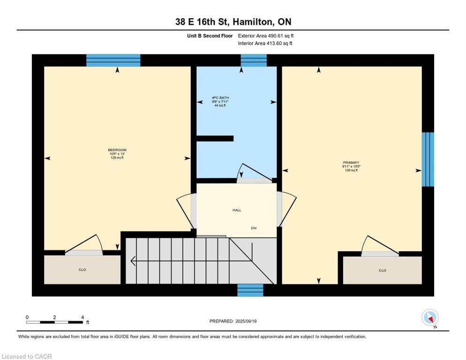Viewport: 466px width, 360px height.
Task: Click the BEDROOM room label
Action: [x=117, y=150]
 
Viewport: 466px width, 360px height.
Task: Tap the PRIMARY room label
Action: [x=351, y=163]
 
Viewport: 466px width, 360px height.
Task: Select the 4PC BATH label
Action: [x=220, y=98]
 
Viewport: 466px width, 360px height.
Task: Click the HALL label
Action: [x=237, y=210]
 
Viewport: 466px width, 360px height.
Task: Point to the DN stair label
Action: [x=254, y=228]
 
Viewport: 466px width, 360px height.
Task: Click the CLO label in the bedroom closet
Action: [x=82, y=270]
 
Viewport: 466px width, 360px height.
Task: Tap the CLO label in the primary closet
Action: [x=382, y=270]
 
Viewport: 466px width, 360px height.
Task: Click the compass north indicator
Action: [x=430, y=318]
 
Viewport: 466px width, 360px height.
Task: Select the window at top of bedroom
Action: [x=113, y=60]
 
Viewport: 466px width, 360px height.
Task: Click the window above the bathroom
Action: [x=254, y=60]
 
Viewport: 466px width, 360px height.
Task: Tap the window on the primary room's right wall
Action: [x=428, y=159]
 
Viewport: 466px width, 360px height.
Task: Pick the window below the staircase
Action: [x=250, y=290]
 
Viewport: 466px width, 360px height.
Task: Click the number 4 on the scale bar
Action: [x=83, y=317]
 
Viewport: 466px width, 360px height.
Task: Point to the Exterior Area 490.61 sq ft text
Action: [x=266, y=36]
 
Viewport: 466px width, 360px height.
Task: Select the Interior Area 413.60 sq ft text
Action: [x=265, y=44]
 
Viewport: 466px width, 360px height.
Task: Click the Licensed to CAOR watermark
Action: [x=27, y=356]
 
